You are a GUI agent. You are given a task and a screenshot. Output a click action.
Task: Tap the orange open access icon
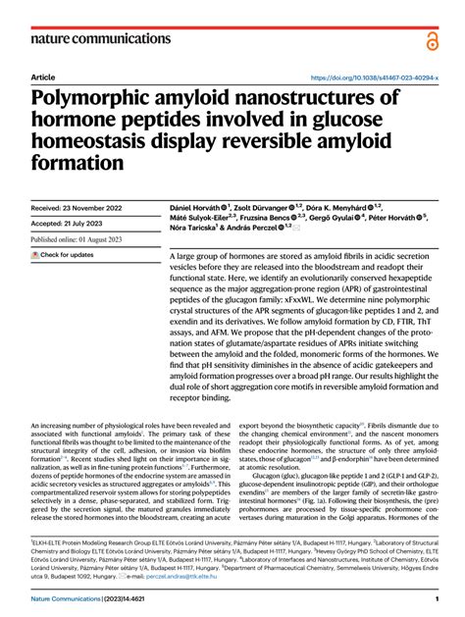pos(432,39)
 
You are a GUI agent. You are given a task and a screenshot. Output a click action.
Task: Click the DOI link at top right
pos(374,77)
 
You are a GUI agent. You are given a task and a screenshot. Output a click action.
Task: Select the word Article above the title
pos(43,77)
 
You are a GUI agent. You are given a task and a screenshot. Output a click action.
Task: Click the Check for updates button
pos(63,255)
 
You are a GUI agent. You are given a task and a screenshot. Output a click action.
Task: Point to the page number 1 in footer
pos(435,599)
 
